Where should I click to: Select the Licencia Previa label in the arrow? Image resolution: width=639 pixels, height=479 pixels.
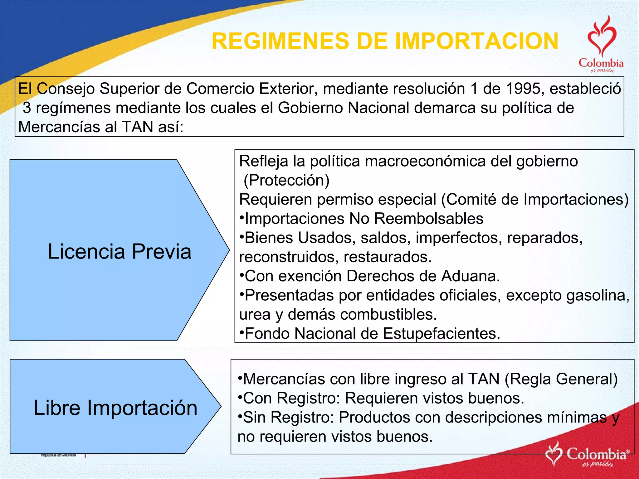click(x=120, y=251)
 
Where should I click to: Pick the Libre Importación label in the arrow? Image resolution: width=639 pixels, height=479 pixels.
click(x=115, y=408)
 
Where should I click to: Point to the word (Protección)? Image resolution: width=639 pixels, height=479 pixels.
click(x=286, y=180)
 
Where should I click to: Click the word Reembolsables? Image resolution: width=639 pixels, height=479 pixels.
click(x=429, y=219)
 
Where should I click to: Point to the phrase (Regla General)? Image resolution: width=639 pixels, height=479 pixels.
click(x=561, y=379)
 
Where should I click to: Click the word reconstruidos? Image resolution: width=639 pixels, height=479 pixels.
click(x=289, y=257)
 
